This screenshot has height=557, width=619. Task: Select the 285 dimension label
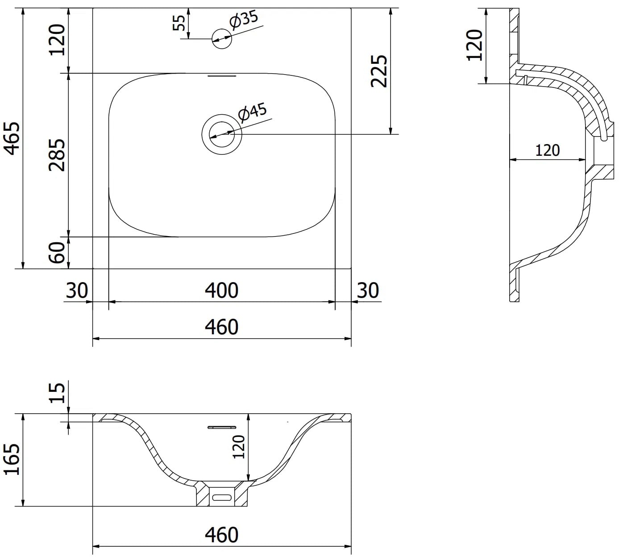pyautogui.click(x=57, y=155)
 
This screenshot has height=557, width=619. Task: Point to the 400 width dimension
pyautogui.click(x=221, y=290)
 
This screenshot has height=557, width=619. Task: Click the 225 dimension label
pyautogui.click(x=378, y=71)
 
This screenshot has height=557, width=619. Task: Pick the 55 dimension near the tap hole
pyautogui.click(x=179, y=23)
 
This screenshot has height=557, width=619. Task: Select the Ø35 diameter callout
pyautogui.click(x=244, y=21)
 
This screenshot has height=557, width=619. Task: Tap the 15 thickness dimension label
pyautogui.click(x=58, y=392)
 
